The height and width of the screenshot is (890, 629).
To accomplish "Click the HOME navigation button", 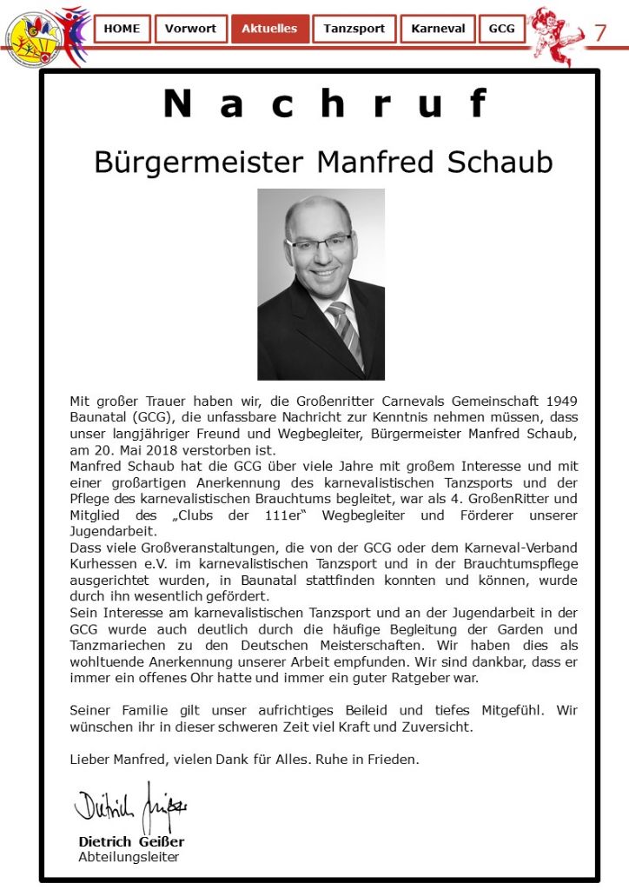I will [122, 29].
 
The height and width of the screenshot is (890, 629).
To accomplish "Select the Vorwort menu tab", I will [191, 29].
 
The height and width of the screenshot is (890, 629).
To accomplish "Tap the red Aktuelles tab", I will [269, 29].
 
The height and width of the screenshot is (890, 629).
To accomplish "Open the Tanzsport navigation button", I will [354, 29].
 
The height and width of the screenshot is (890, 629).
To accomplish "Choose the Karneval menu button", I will [438, 29].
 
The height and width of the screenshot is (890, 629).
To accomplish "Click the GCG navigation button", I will [502, 29].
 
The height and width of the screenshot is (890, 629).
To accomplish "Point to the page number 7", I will [600, 33].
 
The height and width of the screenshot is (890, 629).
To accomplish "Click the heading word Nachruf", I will [326, 104].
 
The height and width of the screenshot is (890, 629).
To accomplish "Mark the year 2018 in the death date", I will [152, 450].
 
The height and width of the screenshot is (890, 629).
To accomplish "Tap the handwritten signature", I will [130, 808].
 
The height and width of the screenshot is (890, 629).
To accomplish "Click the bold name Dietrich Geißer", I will [131, 841].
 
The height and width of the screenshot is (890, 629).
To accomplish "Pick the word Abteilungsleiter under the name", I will [129, 857].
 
